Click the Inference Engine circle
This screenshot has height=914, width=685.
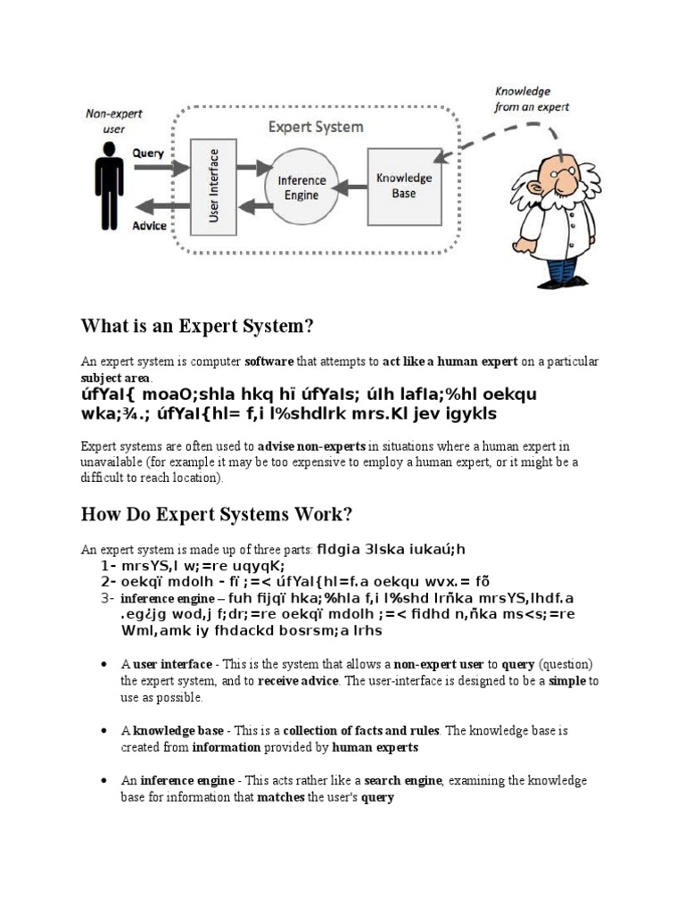coord(302,187)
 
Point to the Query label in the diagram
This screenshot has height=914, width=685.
coord(148,153)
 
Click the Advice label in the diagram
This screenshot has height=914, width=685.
coord(149,226)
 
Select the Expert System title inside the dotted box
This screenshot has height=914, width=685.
coord(316,127)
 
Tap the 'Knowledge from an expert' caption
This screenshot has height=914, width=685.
coord(532,99)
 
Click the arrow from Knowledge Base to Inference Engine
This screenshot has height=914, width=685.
coord(352,187)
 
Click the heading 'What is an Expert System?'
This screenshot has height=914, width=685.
coord(198,327)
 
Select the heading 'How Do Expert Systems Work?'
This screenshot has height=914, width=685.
coord(217,515)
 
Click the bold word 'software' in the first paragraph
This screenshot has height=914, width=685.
coord(268,361)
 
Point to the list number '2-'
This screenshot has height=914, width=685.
coord(109,582)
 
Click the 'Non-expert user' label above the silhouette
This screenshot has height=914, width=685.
coord(113,120)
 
